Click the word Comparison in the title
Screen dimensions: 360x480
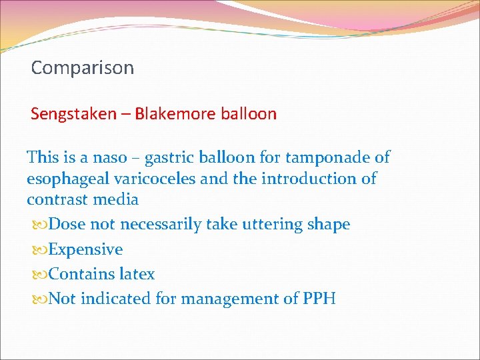(83, 68)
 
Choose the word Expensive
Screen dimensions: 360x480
(86, 250)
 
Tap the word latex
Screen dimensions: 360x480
(138, 274)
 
